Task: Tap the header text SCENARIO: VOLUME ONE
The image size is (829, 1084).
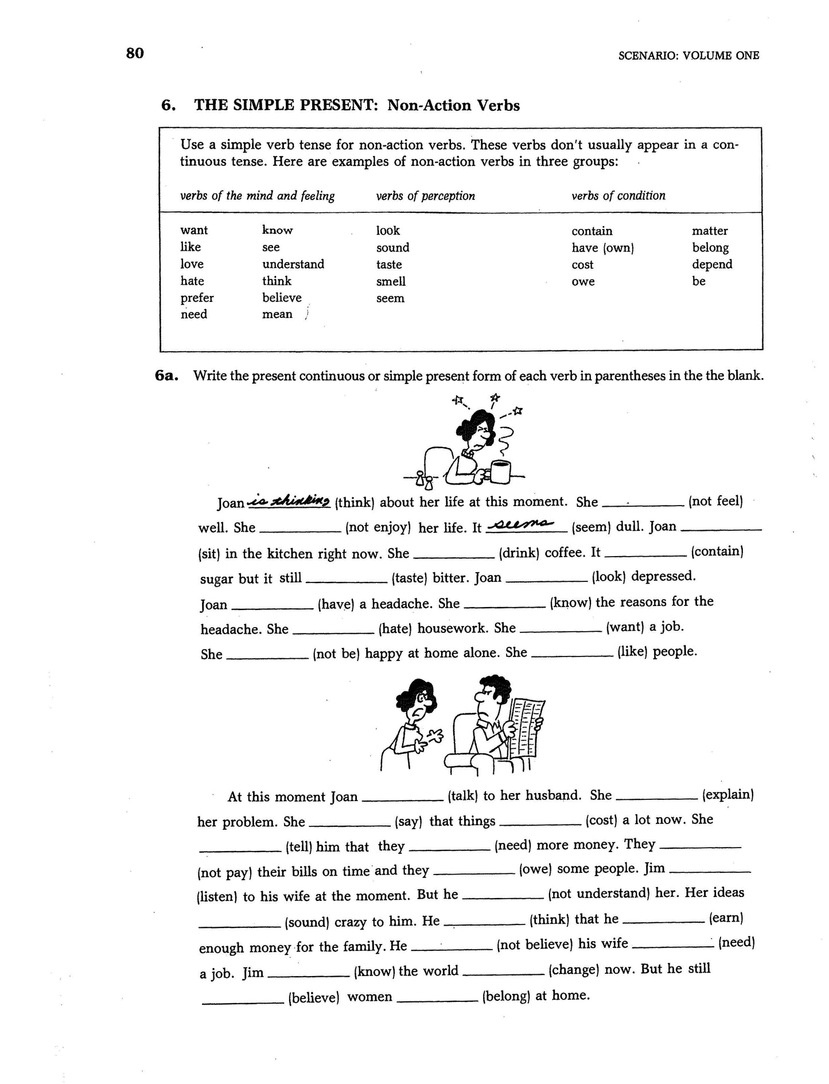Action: click(x=688, y=56)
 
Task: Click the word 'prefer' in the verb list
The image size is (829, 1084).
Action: click(x=197, y=298)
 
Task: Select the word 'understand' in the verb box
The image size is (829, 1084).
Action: click(x=293, y=264)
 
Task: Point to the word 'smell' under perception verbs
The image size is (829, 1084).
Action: click(x=391, y=281)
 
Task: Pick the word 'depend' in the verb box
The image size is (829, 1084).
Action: click(x=711, y=264)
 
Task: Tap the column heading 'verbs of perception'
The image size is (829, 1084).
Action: click(x=425, y=196)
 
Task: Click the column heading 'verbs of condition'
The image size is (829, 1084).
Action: click(x=618, y=196)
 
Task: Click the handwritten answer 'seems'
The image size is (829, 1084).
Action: click(x=526, y=524)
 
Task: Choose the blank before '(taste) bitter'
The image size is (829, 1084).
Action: click(x=347, y=579)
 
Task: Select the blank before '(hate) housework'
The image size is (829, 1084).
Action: click(x=333, y=631)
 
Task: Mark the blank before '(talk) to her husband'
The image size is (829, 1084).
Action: click(x=403, y=798)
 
